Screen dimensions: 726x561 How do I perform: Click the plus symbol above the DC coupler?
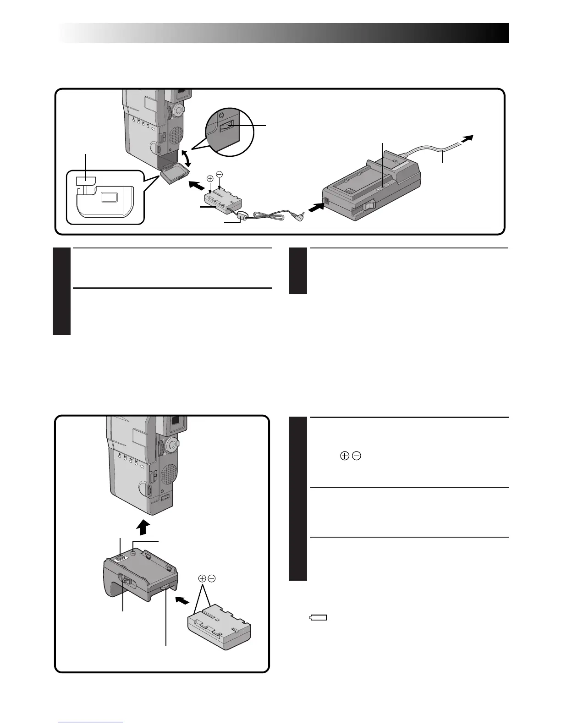click(210, 179)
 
